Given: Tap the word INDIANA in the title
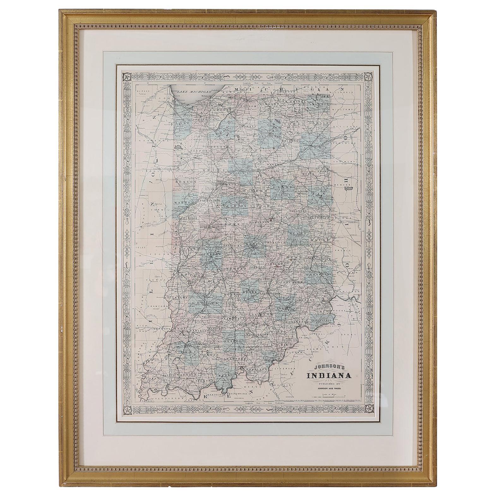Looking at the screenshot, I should pos(328,375).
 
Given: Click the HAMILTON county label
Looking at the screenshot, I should pos(260,222).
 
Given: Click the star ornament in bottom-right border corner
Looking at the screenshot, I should pos(368,409).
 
